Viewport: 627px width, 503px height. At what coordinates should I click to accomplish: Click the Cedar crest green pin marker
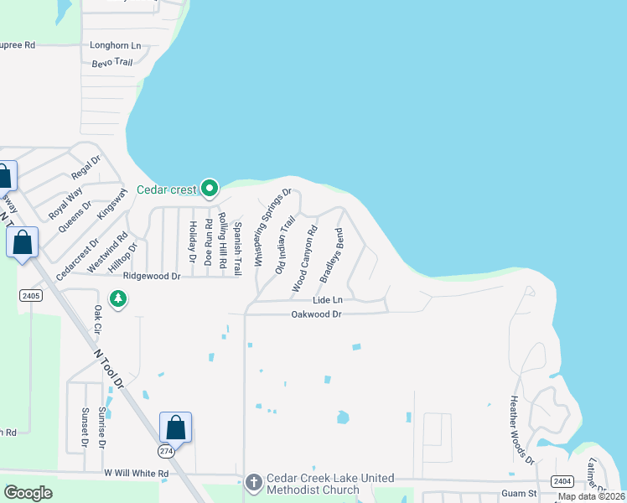coord(210,187)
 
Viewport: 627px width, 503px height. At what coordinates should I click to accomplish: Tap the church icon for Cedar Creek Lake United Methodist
coord(255,481)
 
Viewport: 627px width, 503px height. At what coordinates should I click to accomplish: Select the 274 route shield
coord(168,451)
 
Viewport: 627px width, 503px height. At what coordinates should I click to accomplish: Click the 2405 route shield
coord(31,295)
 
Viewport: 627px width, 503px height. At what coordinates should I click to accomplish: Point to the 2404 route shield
coord(562,480)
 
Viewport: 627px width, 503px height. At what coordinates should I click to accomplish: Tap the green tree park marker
coord(118,298)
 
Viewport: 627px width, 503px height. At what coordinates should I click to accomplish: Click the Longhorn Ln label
coord(116,45)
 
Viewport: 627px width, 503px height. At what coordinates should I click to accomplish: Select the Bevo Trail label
coord(111,62)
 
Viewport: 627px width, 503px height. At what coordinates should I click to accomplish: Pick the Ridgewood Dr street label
coord(152,276)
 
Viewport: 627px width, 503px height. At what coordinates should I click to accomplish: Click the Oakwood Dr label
coord(316,314)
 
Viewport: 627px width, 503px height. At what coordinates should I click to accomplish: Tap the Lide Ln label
coord(328,300)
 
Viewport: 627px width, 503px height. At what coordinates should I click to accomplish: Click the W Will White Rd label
coord(137,474)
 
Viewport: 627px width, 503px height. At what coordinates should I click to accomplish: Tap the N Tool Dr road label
coord(109,368)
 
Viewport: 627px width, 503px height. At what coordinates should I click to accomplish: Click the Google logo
coord(28,493)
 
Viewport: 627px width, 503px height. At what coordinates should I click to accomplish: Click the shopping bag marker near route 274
coord(176,428)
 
